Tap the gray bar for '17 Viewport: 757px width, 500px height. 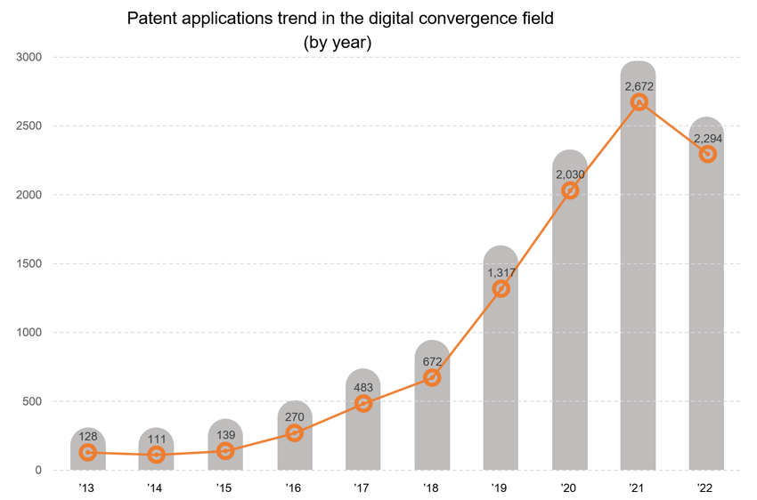coord(363,436)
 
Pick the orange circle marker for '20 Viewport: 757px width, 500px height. coord(570,190)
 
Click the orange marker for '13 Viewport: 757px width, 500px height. coord(87,452)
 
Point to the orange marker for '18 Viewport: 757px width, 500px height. coord(432,377)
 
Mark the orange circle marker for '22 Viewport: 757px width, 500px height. coord(707,154)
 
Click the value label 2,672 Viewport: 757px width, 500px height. coord(639,86)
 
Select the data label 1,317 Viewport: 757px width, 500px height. coord(501,272)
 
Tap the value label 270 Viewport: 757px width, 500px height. coord(295,417)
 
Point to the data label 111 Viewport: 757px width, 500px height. coord(157,439)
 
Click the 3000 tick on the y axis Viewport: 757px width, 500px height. coord(29,57)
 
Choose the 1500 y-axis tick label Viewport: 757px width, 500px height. coord(29,263)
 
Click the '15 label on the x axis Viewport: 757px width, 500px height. coord(224,488)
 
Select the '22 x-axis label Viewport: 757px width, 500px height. coord(706,488)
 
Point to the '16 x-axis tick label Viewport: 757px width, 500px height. coord(294,488)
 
